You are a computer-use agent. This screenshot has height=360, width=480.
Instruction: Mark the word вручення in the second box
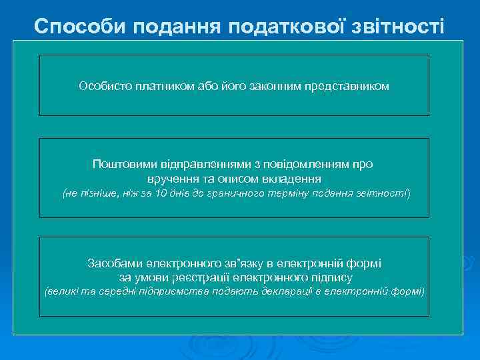(170, 179)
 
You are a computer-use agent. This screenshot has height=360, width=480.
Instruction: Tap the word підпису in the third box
(332, 277)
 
